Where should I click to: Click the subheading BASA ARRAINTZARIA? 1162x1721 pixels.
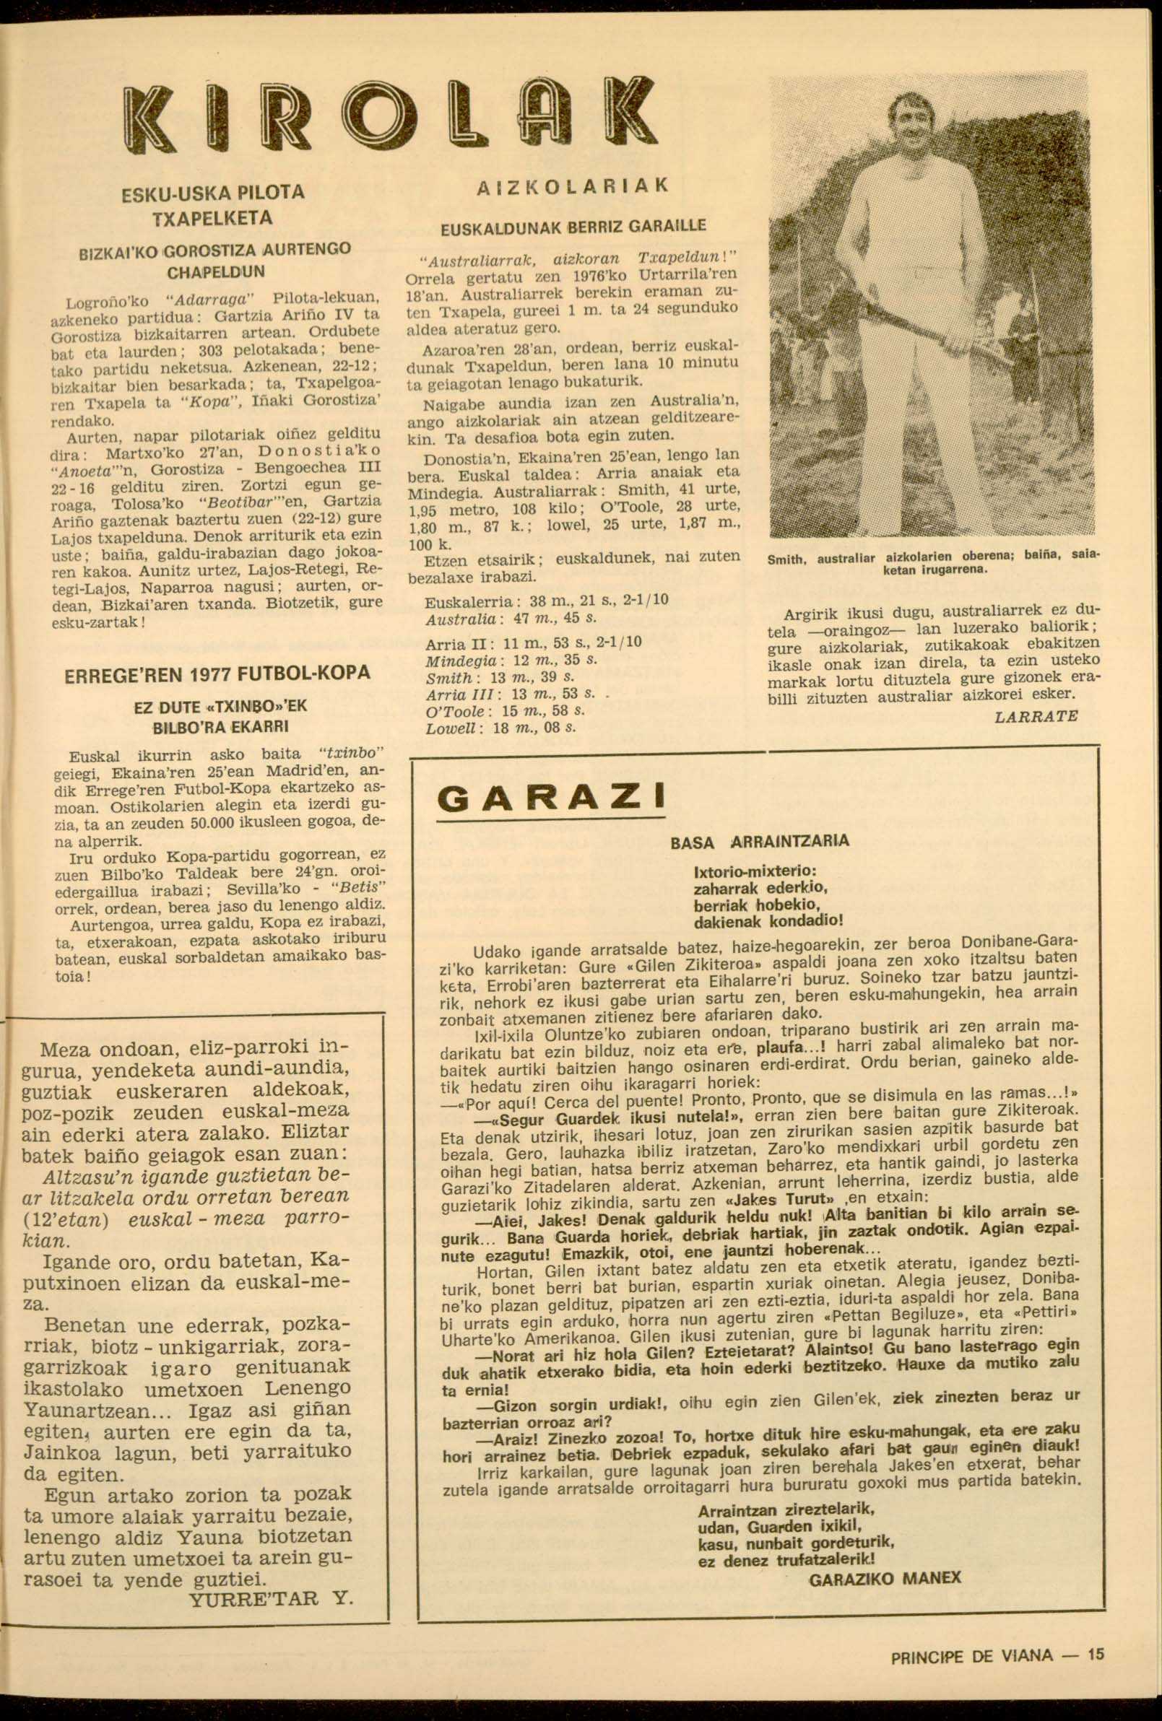tap(759, 841)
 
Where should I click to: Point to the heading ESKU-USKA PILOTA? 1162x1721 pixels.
tap(212, 193)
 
